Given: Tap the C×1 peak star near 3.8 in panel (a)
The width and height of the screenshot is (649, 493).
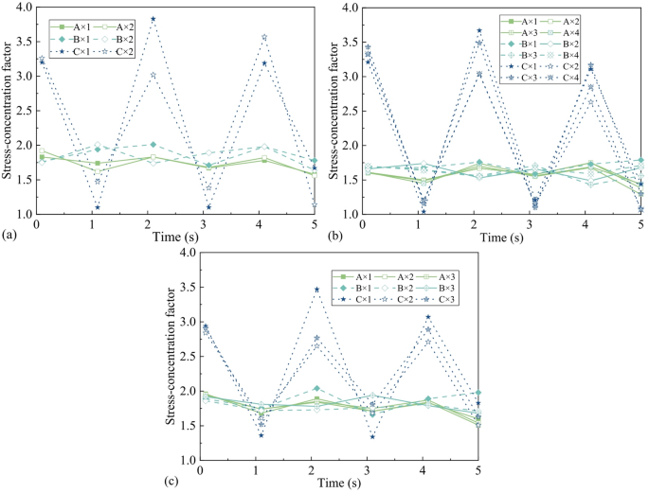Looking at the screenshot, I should (153, 19).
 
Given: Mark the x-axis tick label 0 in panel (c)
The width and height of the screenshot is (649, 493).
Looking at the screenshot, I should (200, 470).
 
